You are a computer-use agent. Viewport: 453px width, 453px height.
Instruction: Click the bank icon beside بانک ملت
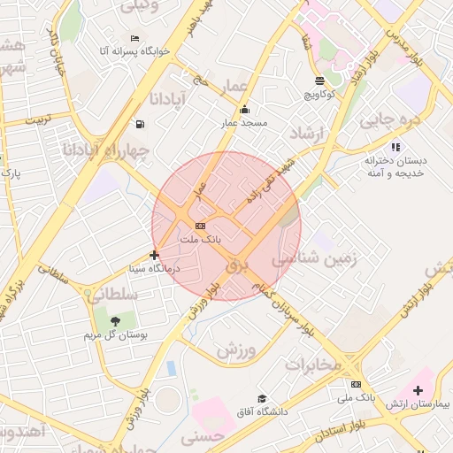tap(200, 226)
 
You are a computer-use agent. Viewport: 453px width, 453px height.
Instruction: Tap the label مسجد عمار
tap(243, 124)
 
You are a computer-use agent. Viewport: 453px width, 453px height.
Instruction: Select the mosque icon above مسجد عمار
tap(244, 109)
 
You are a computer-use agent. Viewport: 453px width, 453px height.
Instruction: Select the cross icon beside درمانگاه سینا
tap(155, 256)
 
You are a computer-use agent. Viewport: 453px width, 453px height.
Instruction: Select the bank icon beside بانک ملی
tap(356, 384)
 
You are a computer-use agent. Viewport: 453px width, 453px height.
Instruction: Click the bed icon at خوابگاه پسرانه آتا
tap(134, 38)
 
